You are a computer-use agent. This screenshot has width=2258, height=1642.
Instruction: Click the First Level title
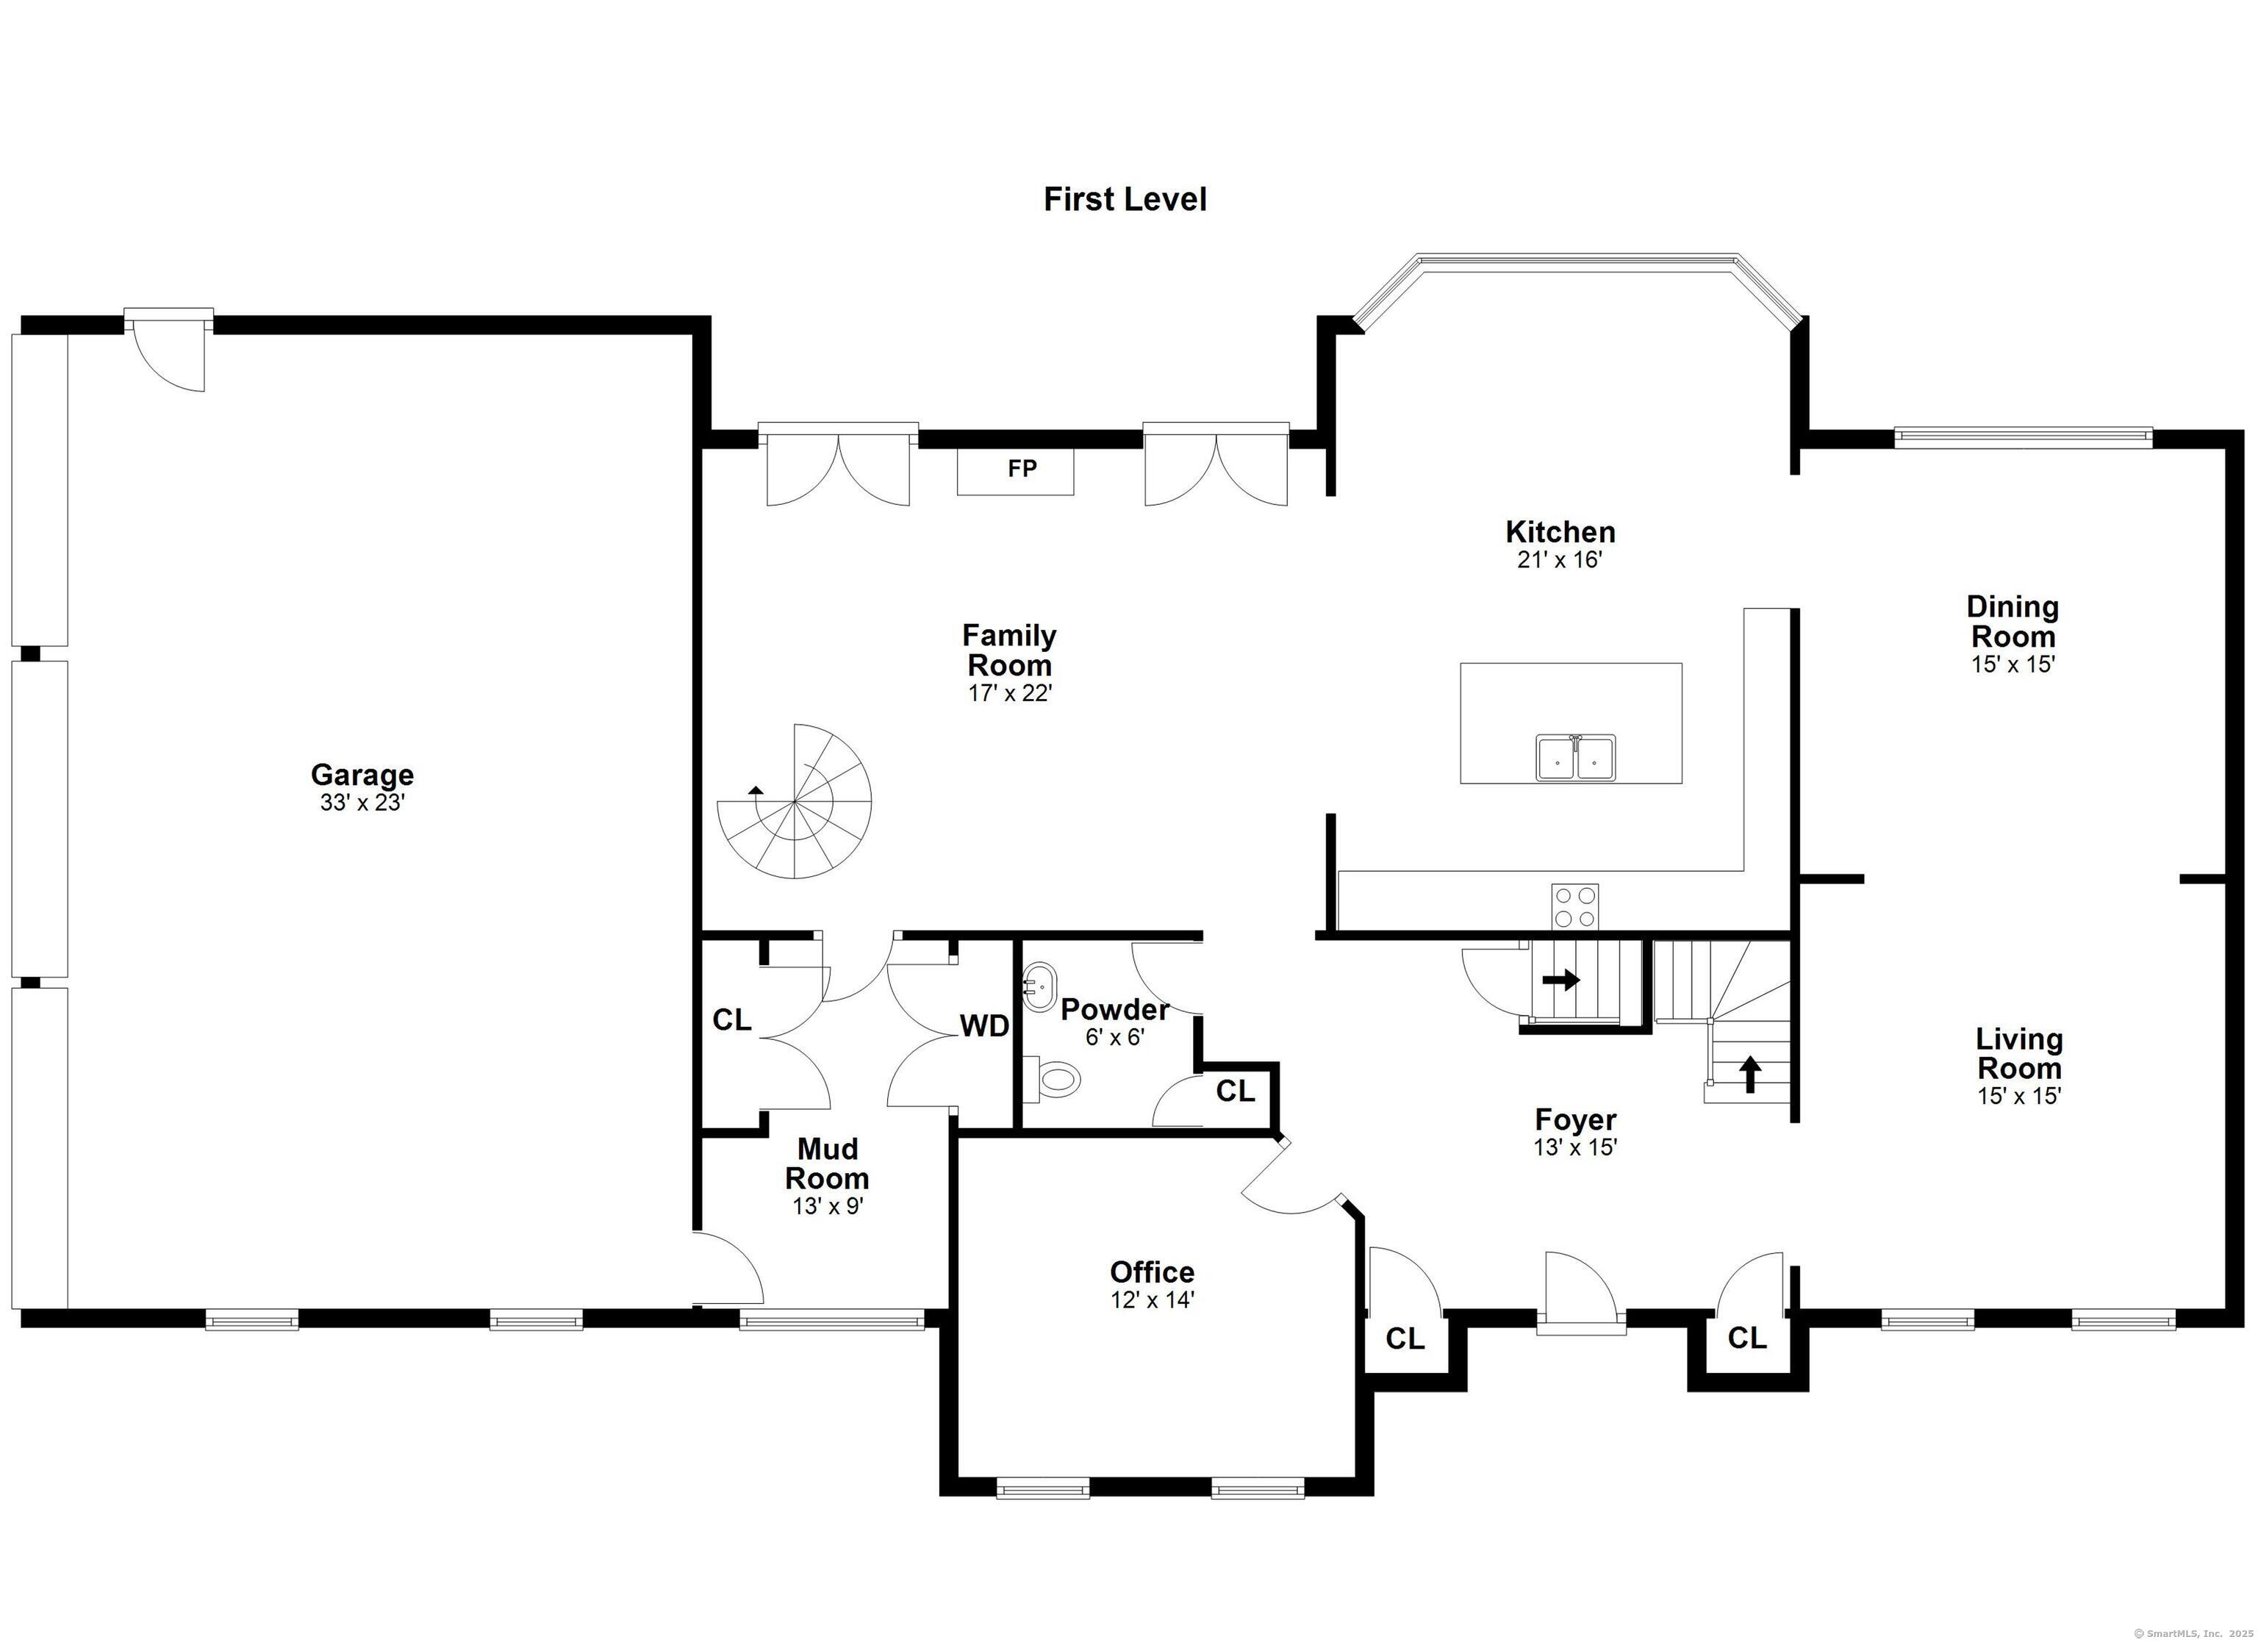1125,199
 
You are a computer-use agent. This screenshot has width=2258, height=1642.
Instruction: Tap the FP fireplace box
1016,471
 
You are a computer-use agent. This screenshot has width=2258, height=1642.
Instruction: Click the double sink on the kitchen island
1575,759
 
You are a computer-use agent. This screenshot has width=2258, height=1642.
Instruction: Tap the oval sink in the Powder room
1040,987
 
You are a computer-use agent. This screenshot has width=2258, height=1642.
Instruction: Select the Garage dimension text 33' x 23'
362,803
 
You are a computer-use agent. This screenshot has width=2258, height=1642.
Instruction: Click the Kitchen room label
1560,531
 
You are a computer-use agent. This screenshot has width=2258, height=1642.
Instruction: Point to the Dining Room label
2013,621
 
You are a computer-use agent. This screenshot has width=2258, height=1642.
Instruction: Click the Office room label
1152,1272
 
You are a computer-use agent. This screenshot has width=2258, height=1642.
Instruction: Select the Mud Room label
828,1164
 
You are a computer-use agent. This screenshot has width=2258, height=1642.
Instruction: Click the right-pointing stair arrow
1561,980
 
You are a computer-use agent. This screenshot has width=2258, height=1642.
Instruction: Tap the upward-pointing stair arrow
1749,1075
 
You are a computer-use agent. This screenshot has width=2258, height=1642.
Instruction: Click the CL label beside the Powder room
1236,1091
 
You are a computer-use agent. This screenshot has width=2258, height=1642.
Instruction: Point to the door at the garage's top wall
169,351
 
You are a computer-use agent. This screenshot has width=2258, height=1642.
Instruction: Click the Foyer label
1575,1119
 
